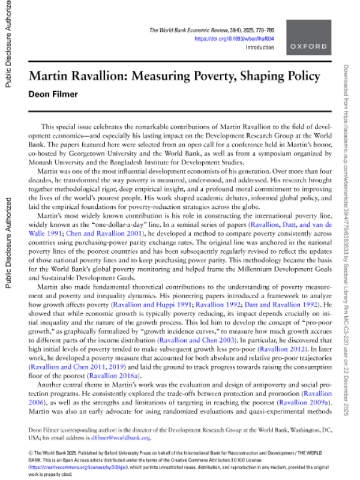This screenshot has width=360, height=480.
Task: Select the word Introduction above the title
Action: (260, 47)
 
